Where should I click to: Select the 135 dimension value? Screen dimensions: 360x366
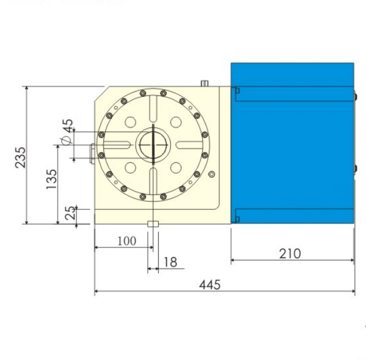(51, 179)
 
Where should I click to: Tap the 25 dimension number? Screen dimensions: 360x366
(70, 213)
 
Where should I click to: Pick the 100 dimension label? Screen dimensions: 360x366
(126, 241)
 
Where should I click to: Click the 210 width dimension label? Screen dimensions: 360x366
(289, 253)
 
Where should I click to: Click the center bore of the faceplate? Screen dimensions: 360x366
(152, 145)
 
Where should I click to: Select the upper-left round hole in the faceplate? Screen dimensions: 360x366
(131, 122)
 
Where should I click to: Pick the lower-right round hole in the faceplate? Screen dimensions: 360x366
(176, 168)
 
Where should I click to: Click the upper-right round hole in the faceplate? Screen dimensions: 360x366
(176, 122)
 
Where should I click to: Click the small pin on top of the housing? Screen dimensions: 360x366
(203, 83)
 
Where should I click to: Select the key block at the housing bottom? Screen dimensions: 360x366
(152, 223)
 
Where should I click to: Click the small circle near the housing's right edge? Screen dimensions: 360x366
(212, 174)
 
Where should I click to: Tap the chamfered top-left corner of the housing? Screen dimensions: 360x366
(100, 92)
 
